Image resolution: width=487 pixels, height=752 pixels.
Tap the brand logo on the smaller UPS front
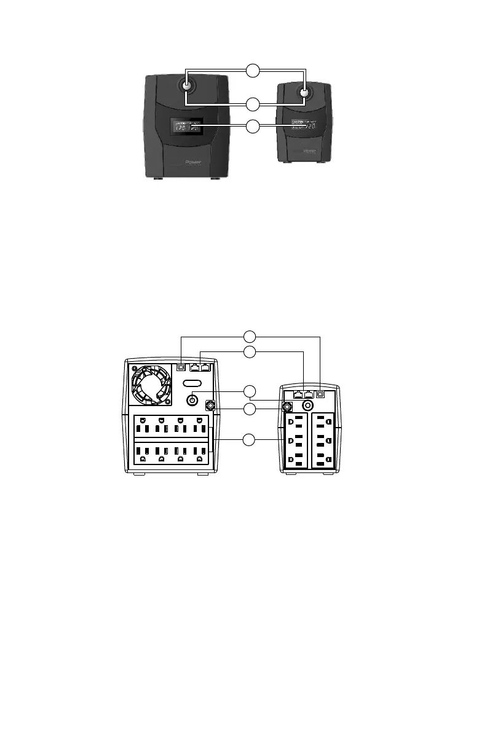309,150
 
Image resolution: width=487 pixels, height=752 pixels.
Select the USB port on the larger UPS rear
181,367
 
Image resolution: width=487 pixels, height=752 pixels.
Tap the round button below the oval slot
192,400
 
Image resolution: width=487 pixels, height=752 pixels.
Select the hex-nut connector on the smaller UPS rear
287,406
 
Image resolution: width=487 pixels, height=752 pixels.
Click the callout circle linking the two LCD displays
251,127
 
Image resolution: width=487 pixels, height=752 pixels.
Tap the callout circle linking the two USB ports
249,337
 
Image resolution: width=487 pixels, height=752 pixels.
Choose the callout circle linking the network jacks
249,351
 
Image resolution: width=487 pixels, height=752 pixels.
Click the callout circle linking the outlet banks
249,440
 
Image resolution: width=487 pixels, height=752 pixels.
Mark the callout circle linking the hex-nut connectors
249,409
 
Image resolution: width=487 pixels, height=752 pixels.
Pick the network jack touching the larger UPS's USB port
195,367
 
